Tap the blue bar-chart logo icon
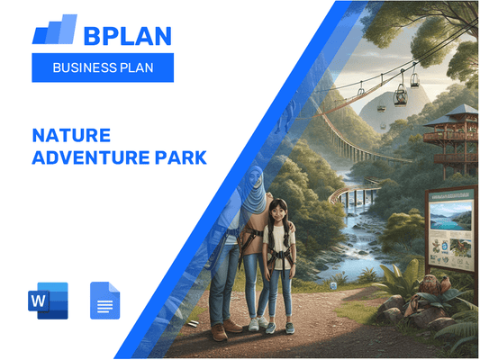55,31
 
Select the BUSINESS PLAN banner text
101,67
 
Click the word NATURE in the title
71,135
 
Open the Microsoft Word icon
49,300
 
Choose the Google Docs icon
104,300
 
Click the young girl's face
277,211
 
